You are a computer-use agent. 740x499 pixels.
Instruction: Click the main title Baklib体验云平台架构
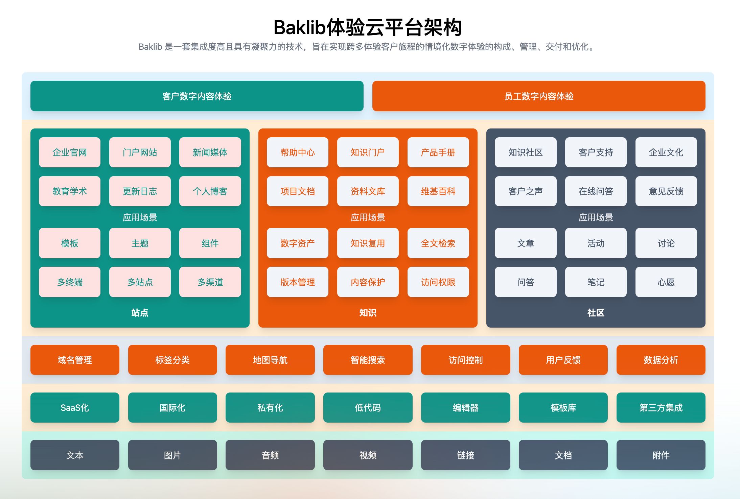[367, 27]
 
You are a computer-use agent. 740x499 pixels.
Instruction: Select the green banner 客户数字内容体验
[197, 96]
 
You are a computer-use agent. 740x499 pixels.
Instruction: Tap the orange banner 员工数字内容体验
[539, 96]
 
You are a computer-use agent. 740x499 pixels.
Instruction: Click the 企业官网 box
[70, 152]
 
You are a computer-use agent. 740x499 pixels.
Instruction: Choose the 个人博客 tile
[210, 191]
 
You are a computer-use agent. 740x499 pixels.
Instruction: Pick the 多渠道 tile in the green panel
[210, 282]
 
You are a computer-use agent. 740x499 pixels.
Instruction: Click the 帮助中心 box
[297, 152]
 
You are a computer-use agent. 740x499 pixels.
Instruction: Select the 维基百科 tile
[438, 191]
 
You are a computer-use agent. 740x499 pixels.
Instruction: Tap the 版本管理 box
[297, 282]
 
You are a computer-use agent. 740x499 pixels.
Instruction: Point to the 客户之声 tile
[525, 191]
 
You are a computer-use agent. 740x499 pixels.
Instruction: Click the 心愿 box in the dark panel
[666, 282]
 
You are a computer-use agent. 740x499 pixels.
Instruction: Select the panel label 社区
[596, 313]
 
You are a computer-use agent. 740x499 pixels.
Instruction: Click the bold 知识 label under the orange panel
[368, 313]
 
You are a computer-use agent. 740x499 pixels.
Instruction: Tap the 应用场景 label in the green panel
[140, 217]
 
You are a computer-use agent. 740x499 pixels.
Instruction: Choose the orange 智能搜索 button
[368, 360]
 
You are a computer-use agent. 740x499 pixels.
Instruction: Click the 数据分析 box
[661, 360]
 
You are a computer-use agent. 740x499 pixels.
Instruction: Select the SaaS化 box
[75, 407]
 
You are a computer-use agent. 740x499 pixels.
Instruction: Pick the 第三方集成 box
[661, 407]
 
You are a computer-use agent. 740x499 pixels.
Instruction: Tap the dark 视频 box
[368, 455]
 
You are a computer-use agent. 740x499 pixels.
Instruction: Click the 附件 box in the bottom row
[661, 455]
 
